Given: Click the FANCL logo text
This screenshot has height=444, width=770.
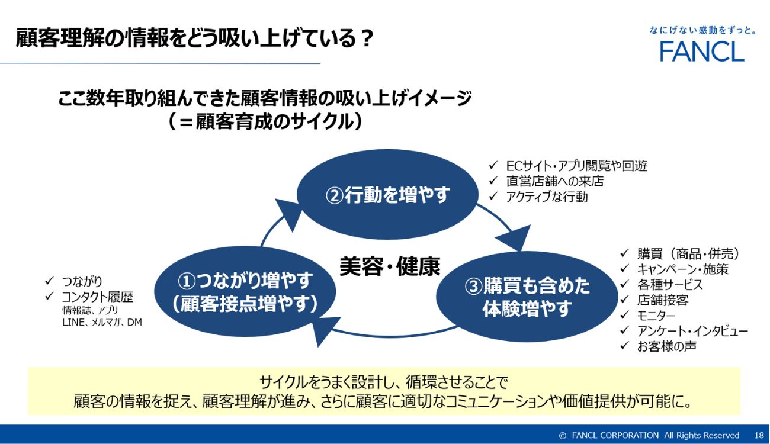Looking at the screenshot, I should point(702,52).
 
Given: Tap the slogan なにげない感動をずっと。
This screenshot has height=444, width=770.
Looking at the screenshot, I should point(702,31).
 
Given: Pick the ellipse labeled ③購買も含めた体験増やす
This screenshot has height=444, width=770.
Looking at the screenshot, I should point(527,297).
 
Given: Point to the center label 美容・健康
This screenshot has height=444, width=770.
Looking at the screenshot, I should point(390,266).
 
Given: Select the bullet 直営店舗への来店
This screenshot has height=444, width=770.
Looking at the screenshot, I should point(554,181).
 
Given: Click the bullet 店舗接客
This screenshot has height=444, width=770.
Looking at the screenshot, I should point(662,300).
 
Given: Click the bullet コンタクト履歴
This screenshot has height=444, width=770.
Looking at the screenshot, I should point(97,297).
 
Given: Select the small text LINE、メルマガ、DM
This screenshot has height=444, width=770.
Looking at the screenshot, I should point(102,323).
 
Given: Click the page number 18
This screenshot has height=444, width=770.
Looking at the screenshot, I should point(759,435).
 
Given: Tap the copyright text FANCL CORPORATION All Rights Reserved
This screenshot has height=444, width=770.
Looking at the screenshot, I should point(655,435).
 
